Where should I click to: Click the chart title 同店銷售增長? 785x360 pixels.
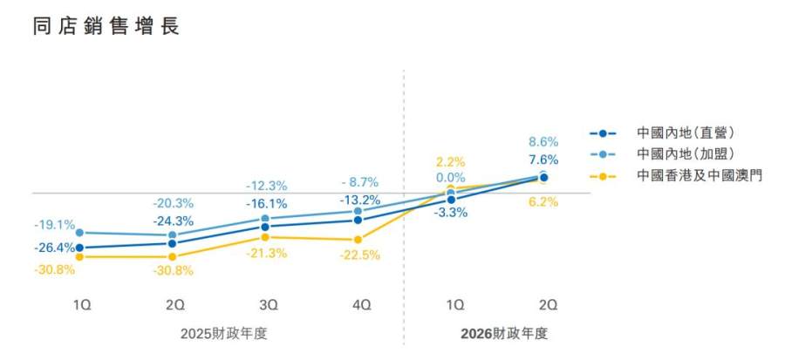pyautogui.click(x=106, y=27)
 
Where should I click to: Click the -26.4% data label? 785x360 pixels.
pyautogui.click(x=55, y=248)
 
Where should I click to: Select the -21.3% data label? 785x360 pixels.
pyautogui.click(x=266, y=253)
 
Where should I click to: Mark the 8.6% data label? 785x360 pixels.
pyautogui.click(x=543, y=141)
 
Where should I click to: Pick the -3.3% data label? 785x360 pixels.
pyautogui.click(x=451, y=214)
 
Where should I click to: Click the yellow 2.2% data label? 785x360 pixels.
pyautogui.click(x=451, y=161)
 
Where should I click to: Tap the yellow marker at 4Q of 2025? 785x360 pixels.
pyautogui.click(x=358, y=240)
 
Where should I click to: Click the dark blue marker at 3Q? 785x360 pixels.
pyautogui.click(x=265, y=227)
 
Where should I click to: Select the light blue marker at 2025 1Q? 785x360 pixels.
pyautogui.click(x=79, y=233)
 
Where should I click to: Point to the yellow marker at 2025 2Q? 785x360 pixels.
pyautogui.click(x=173, y=256)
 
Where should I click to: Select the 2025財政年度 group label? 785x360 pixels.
pyautogui.click(x=220, y=333)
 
